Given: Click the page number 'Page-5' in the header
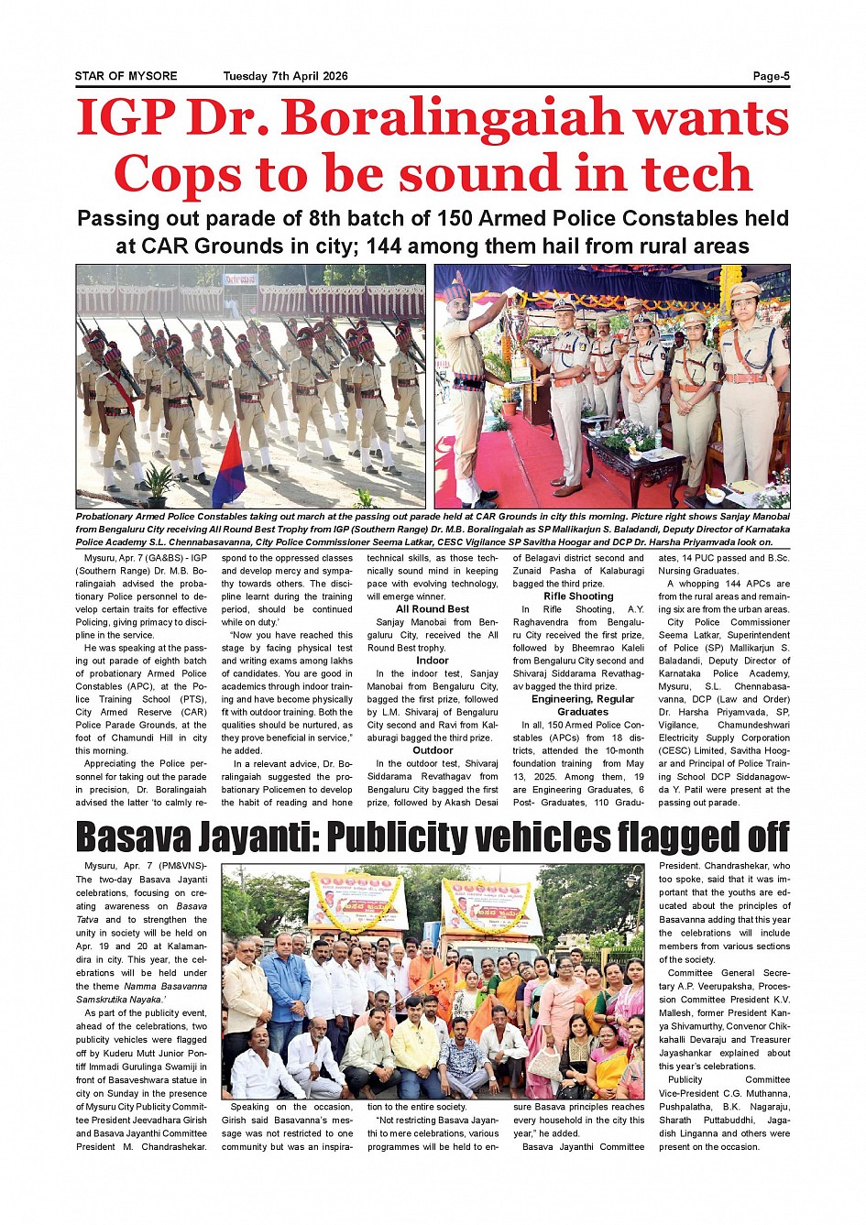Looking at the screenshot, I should (x=771, y=76).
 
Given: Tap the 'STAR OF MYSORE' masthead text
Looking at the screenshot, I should (x=126, y=76).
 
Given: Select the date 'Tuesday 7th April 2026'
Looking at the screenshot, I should (x=285, y=76).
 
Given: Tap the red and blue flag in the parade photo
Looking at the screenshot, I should (x=229, y=467).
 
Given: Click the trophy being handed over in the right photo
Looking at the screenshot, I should (x=521, y=344).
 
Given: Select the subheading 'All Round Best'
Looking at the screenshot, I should (x=433, y=609).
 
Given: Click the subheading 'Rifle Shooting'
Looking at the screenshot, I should (x=578, y=596).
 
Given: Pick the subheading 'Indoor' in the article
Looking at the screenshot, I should (x=433, y=661).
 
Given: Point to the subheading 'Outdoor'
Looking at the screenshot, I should (x=433, y=750).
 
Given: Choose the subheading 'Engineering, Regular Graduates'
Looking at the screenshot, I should (x=583, y=705).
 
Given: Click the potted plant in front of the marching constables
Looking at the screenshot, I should (x=159, y=486).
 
